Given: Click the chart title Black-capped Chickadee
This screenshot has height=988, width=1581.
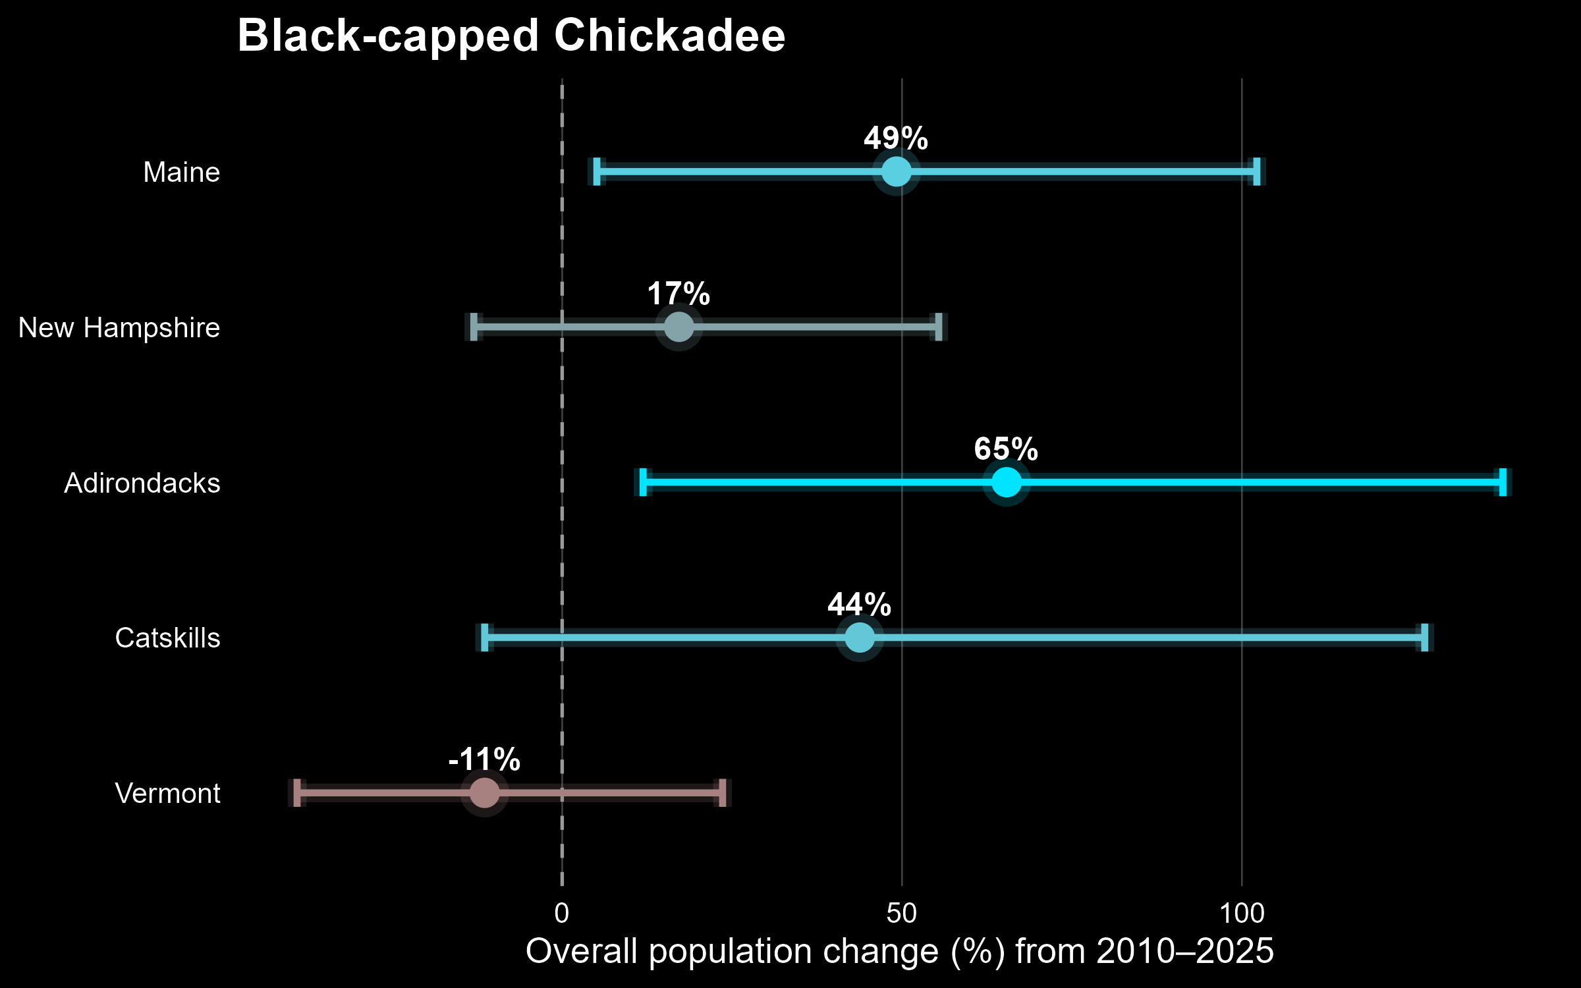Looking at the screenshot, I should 511,36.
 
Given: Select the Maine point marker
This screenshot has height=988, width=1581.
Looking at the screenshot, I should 896,172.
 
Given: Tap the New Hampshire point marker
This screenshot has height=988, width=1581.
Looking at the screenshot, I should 679,327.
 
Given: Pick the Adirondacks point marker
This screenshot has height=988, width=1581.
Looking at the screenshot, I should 1006,482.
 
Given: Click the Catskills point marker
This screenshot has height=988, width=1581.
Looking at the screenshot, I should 859,638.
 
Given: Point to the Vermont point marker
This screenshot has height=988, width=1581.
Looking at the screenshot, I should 484,792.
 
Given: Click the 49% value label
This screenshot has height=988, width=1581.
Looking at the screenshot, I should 896,138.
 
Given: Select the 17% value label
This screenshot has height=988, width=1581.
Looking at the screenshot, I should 679,294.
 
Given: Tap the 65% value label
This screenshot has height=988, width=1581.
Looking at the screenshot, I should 1006,449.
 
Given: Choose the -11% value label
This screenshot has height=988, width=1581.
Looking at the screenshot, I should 484,759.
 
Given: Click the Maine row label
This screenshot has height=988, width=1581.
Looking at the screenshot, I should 181,173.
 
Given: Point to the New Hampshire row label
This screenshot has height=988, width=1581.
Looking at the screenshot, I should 119,328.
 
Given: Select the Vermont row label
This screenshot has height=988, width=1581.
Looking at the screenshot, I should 167,794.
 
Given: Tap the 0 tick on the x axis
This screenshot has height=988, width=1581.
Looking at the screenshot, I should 562,914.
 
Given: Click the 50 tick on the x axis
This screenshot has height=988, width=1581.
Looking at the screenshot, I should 902,914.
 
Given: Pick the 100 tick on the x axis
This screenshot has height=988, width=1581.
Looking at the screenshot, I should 1242,914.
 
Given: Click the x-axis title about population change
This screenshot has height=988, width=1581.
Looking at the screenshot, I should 900,952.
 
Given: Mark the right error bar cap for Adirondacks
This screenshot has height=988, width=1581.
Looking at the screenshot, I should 1503,482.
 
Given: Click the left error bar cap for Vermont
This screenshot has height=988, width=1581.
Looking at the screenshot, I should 297,792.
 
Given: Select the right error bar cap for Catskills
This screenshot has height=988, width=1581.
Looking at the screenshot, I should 1424,638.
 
